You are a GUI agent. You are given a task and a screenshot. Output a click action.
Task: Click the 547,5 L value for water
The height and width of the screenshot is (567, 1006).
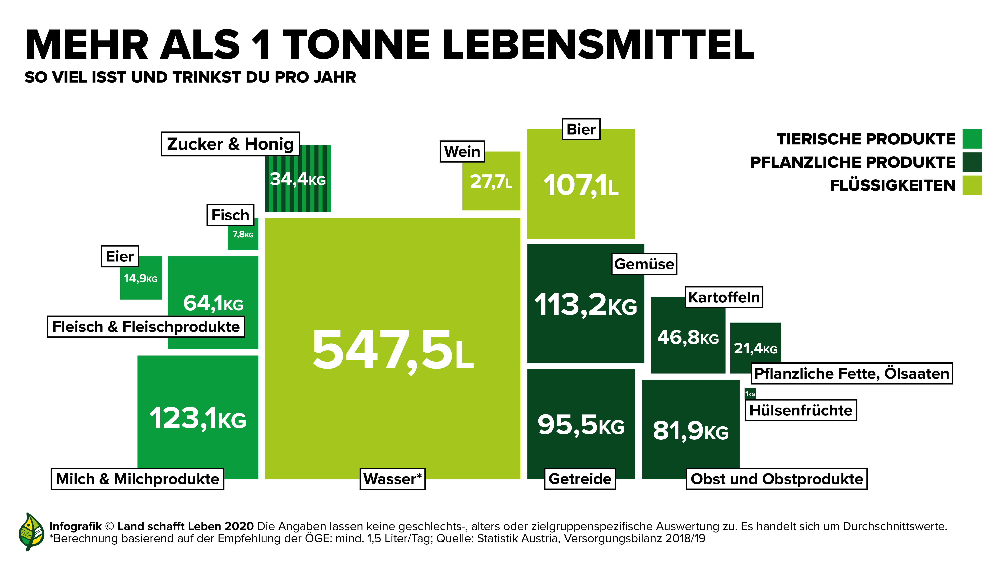(x=392, y=349)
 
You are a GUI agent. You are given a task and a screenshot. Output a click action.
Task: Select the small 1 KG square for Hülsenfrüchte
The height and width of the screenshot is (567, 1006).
(x=750, y=393)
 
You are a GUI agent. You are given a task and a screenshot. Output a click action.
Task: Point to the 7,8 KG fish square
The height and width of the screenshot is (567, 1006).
(x=243, y=235)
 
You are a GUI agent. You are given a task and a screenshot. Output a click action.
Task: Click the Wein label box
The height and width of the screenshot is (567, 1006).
(x=462, y=151)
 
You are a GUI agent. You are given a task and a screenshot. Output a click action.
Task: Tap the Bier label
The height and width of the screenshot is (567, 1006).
(x=581, y=129)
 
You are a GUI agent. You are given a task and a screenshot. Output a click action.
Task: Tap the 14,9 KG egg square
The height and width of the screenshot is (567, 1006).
(x=141, y=278)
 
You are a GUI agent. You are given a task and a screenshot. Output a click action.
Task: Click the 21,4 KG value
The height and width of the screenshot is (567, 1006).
(x=755, y=348)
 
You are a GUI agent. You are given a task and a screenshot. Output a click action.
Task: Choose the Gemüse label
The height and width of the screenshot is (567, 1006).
(x=644, y=264)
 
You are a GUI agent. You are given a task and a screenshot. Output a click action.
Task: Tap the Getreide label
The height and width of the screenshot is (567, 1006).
(x=580, y=479)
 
